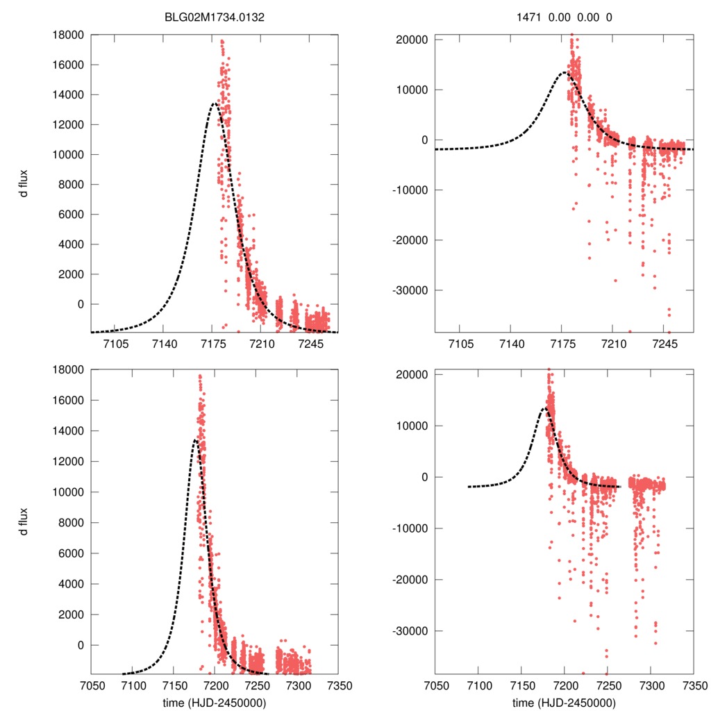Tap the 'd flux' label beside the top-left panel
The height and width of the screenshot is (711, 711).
[24, 183]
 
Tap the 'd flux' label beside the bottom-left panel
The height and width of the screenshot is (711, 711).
[24, 521]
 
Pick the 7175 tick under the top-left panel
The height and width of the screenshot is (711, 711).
[212, 344]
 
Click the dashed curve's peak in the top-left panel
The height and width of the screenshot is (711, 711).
[215, 103]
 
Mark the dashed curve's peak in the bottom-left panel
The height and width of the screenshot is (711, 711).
[195, 440]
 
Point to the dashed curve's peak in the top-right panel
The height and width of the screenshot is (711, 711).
[564, 72]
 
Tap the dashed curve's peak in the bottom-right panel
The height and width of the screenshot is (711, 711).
[544, 408]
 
